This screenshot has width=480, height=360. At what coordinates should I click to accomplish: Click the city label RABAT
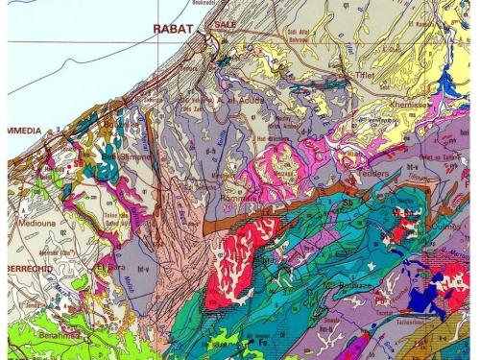coord(174,29)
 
